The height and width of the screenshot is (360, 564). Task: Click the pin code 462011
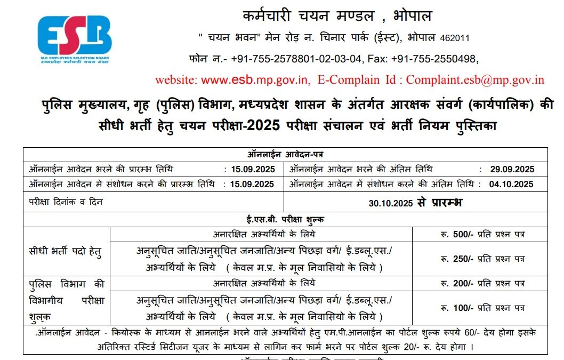coord(455,38)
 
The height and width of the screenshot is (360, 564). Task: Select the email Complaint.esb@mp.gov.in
coord(475,80)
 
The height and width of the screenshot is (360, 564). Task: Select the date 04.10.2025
coord(511,185)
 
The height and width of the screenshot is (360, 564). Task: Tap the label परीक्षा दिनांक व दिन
coord(66,202)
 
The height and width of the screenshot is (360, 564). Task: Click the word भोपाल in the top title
coord(409,16)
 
